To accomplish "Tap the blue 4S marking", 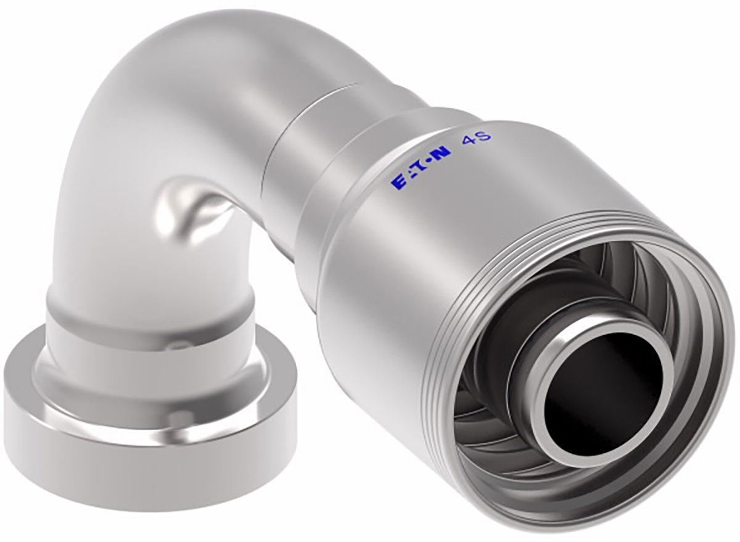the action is click(x=477, y=138).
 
